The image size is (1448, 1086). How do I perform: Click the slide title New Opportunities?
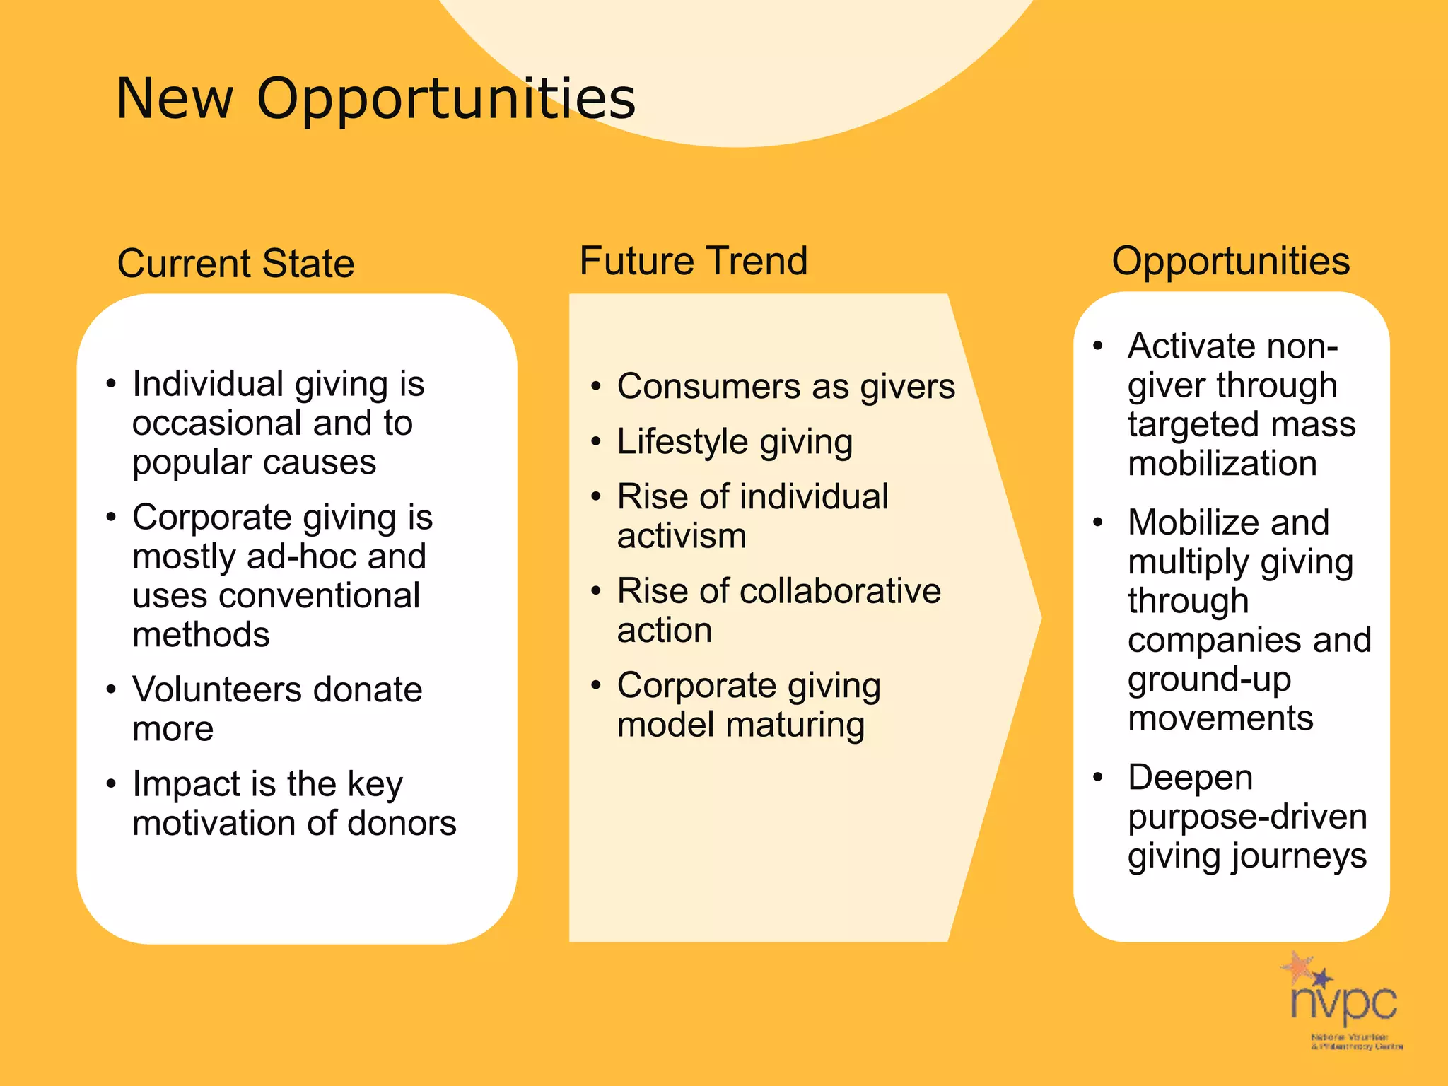click(375, 98)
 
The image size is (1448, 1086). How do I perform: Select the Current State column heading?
click(235, 263)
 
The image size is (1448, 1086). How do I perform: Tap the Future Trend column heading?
click(693, 260)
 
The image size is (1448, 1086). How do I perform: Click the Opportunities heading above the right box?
click(1230, 260)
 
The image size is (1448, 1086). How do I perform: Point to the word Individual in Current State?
click(208, 384)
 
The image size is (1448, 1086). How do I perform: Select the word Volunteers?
click(217, 689)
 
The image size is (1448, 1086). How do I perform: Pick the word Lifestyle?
click(682, 441)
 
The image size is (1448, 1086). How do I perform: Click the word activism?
click(682, 536)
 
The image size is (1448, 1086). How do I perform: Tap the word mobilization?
click(1222, 464)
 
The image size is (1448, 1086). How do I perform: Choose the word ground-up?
click(1209, 679)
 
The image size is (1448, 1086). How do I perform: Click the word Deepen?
click(1190, 777)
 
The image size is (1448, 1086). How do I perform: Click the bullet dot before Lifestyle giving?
click(596, 442)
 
